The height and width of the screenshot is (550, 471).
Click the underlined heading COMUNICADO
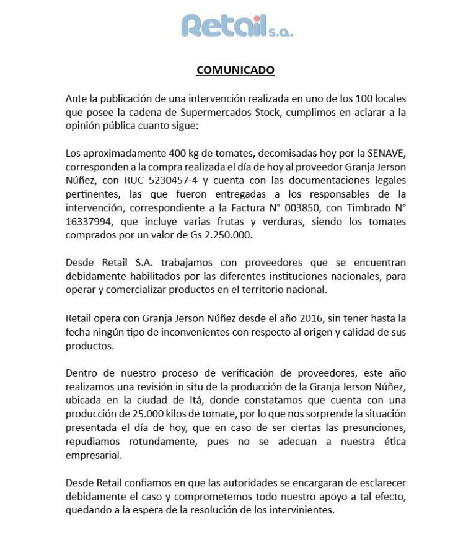[235, 70]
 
